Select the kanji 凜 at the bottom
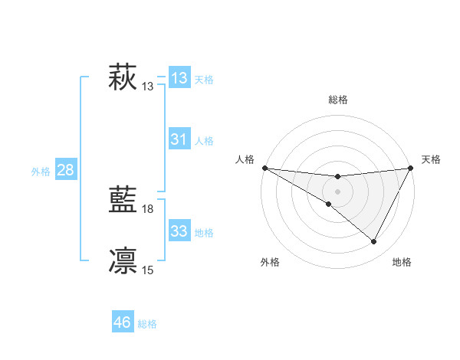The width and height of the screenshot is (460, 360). (123, 260)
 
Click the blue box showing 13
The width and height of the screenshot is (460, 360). (179, 77)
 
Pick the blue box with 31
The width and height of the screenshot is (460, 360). (179, 139)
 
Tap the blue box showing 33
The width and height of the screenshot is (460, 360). (179, 231)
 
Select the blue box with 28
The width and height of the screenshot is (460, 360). (65, 170)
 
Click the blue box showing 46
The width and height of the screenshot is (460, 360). (123, 322)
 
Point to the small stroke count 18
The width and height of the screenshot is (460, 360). (148, 208)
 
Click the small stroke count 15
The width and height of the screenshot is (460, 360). (148, 270)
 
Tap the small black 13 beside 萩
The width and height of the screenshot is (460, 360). (148, 86)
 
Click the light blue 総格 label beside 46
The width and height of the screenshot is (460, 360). (147, 324)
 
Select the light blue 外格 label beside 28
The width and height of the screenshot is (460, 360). (41, 172)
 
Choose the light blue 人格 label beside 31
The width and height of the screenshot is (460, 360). (204, 141)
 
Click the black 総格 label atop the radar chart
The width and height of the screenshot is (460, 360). (337, 100)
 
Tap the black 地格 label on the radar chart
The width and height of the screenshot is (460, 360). (402, 262)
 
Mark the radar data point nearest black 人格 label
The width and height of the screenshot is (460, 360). (264, 167)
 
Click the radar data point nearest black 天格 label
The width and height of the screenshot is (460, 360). (411, 168)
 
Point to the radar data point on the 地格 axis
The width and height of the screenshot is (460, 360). (374, 242)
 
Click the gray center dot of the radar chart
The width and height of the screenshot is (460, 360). (337, 191)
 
